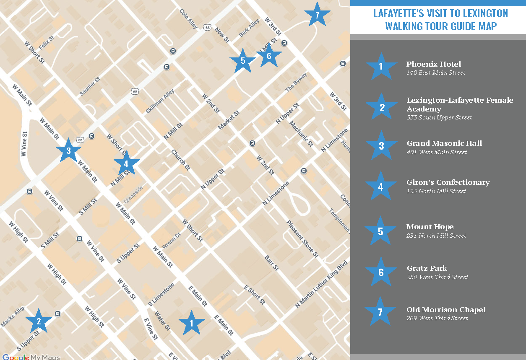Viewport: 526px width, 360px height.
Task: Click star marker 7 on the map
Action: point(317,15)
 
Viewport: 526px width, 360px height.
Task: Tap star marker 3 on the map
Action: point(68,151)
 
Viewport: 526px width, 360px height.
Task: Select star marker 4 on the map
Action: point(126,163)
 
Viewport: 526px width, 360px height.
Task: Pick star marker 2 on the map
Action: point(39,321)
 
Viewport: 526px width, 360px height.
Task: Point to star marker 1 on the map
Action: point(192,323)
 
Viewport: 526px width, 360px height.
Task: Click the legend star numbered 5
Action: point(380,231)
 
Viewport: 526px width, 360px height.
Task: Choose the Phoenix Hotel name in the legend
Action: point(433,64)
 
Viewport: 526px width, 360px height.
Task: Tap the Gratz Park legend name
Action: point(427,268)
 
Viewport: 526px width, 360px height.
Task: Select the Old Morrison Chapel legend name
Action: point(446,310)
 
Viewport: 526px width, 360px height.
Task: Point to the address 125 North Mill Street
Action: point(436,191)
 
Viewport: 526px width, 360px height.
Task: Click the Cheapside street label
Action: point(133,195)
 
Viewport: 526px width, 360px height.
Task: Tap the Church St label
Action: point(181,160)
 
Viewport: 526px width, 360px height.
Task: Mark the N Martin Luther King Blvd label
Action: point(322,285)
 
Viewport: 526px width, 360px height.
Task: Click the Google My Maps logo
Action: point(31,357)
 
